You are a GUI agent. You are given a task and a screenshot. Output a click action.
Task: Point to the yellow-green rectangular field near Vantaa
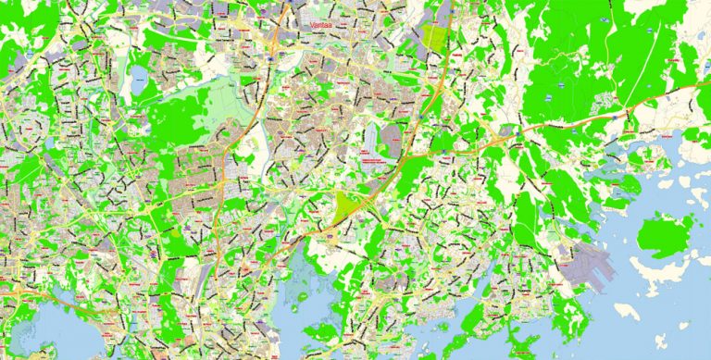pos(434,36)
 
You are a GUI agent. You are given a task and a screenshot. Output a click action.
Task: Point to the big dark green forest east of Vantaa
pos(592,56)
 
